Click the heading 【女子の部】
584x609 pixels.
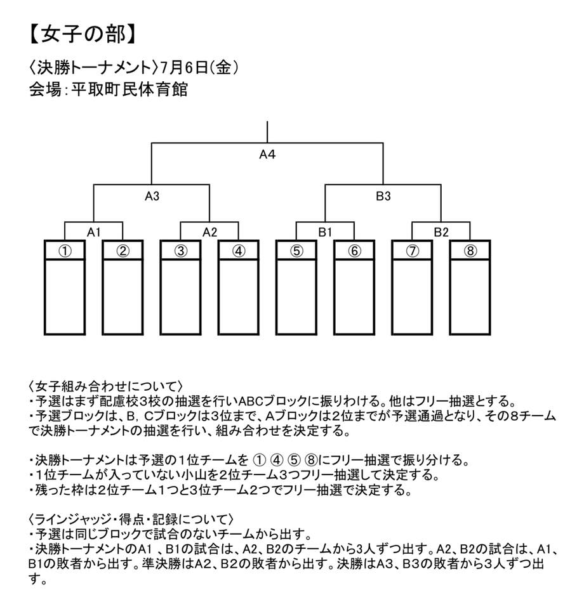[83, 34]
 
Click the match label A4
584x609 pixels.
[267, 155]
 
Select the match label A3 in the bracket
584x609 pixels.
[152, 196]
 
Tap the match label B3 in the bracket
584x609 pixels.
[383, 196]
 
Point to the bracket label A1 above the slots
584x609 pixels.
[94, 232]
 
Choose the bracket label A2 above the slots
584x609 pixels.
[210, 232]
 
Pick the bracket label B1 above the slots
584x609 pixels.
[325, 232]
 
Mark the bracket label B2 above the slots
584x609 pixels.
[441, 232]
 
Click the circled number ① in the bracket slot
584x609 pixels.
[65, 251]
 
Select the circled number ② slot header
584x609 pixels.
[123, 251]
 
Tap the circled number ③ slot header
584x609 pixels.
[181, 251]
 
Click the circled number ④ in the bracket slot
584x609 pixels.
[239, 251]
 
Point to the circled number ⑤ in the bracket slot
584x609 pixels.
[296, 251]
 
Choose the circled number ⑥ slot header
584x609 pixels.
[354, 251]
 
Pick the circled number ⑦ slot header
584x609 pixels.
[412, 251]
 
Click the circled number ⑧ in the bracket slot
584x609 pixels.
[470, 251]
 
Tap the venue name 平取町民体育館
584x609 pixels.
[129, 89]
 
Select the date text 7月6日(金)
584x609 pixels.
[199, 68]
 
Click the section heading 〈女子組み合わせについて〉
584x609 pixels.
[105, 386]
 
